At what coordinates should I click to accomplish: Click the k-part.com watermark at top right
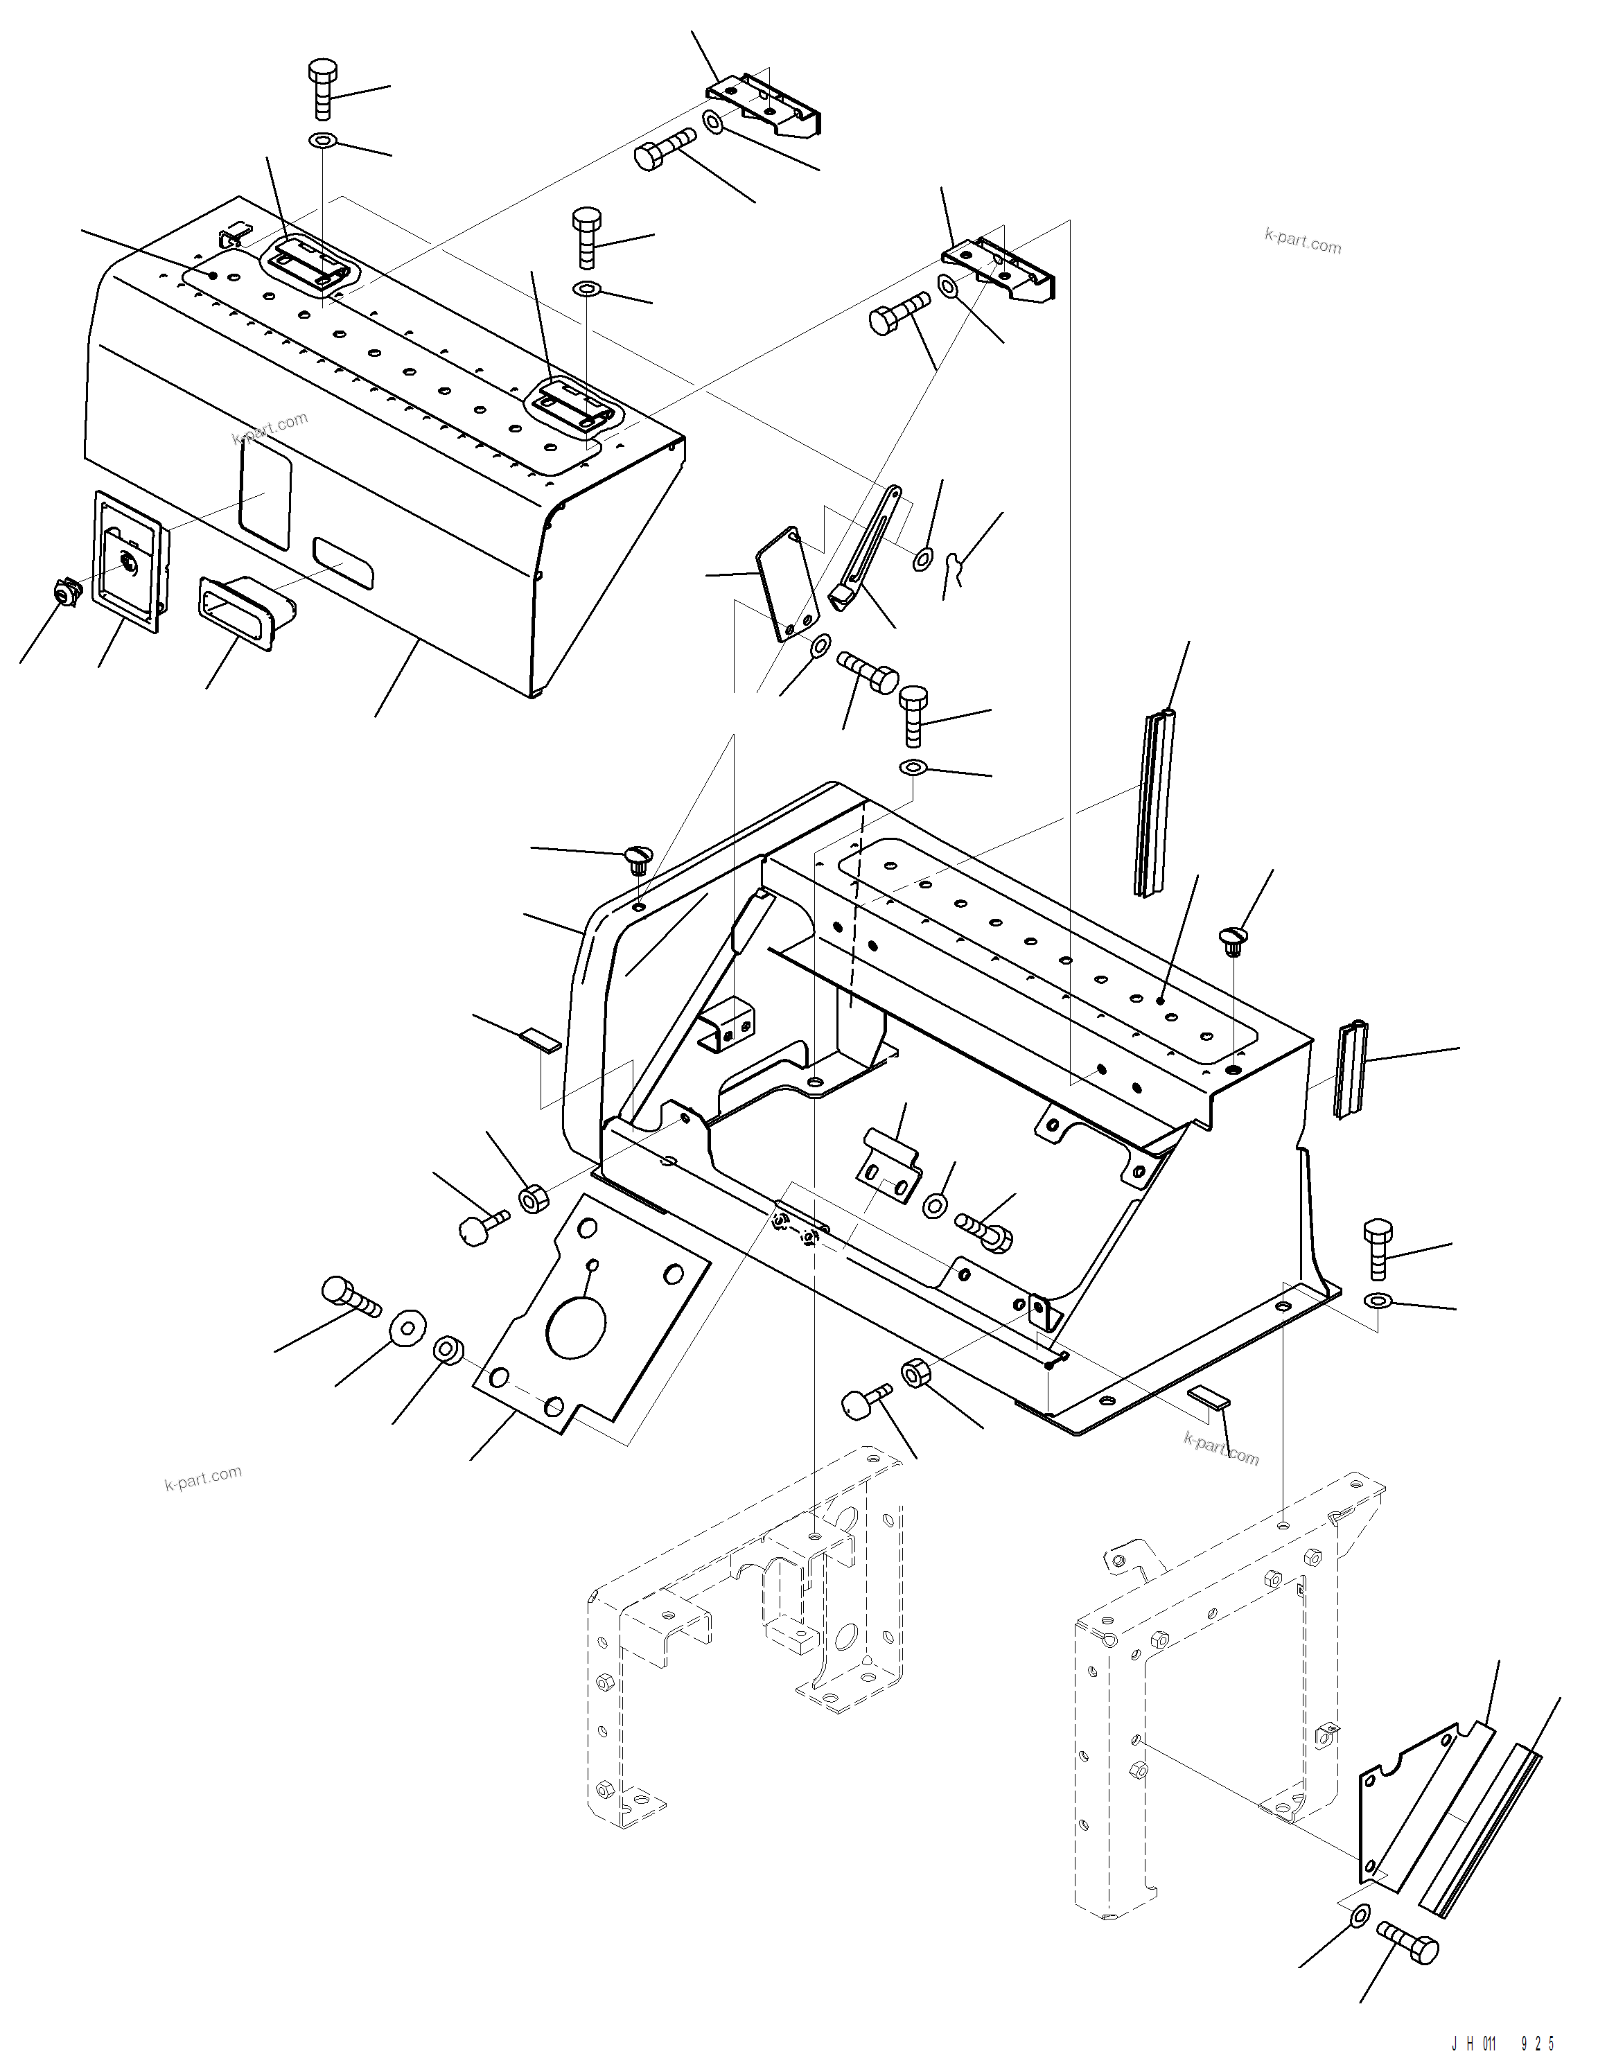[x=1302, y=242]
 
